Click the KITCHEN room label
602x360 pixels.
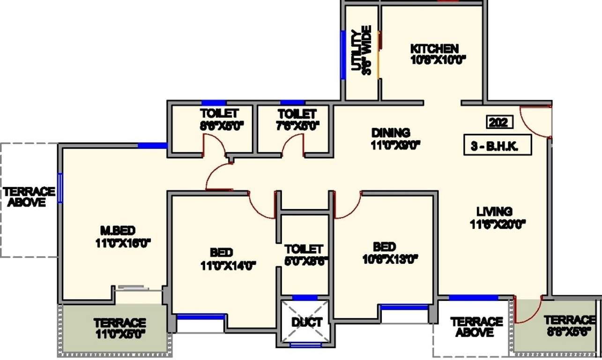pyautogui.click(x=434, y=49)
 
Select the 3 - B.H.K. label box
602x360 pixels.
pyautogui.click(x=498, y=146)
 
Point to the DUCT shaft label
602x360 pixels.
pyautogui.click(x=307, y=322)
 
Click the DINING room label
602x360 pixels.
pyautogui.click(x=390, y=133)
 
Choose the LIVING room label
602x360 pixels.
pyautogui.click(x=494, y=211)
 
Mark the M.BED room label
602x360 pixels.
pyautogui.click(x=118, y=230)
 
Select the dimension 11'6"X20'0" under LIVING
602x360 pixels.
pyautogui.click(x=498, y=225)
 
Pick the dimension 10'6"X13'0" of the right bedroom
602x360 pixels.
pyautogui.click(x=390, y=259)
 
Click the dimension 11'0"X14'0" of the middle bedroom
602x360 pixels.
pyautogui.click(x=228, y=266)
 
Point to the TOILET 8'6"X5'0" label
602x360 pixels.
pyautogui.click(x=219, y=120)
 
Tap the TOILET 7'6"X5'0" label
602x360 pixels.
pyautogui.click(x=297, y=120)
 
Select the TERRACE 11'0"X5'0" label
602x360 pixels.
pyautogui.click(x=119, y=329)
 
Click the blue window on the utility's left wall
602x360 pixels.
pyautogui.click(x=343, y=55)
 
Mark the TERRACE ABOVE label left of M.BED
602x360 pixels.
pyautogui.click(x=29, y=197)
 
